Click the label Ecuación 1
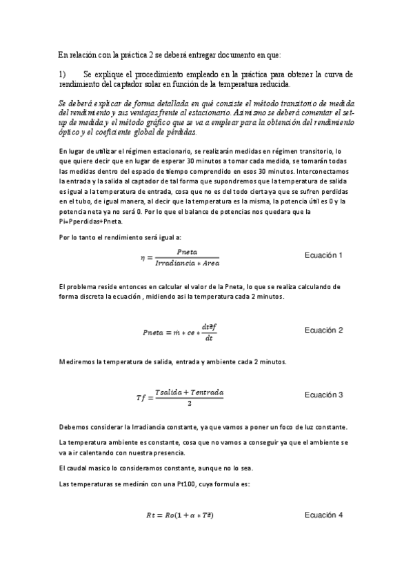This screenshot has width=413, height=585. click(323, 255)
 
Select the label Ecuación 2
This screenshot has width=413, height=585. click(323, 330)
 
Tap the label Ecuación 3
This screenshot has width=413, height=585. click(323, 395)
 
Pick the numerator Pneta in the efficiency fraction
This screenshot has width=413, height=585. click(188, 252)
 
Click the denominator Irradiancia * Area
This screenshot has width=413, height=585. click(188, 264)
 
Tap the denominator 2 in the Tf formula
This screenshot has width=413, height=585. click(189, 403)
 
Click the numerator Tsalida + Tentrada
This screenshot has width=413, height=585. click(189, 391)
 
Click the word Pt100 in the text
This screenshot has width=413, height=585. click(163, 485)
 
